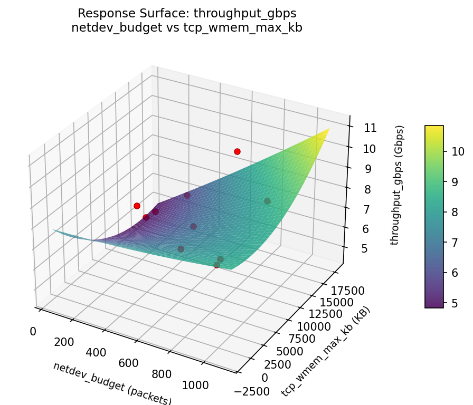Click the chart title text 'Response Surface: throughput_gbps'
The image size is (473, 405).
point(187,13)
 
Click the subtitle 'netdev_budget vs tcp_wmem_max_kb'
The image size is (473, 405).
point(187,28)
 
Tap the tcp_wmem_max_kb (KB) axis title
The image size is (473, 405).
point(326,352)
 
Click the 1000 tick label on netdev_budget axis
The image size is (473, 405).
point(195,385)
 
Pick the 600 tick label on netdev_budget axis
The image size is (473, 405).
point(128,363)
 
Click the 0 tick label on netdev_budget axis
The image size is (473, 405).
point(33,331)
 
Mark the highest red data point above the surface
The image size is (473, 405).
point(237,151)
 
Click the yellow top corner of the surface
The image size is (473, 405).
point(328,129)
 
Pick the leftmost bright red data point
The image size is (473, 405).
point(137,206)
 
